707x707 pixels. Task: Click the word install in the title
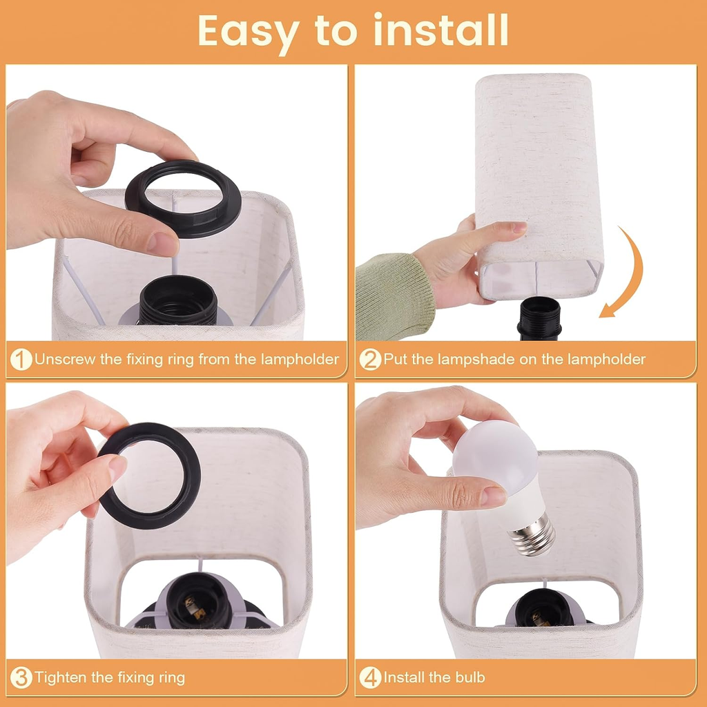coord(441,30)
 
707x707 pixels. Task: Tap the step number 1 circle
coord(21,359)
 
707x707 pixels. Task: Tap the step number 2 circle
coord(370,359)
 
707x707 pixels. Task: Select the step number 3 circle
coord(21,677)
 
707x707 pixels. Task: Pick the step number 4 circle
coord(370,677)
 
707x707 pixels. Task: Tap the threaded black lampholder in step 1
coord(178,301)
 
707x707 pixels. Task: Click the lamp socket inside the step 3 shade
coord(198,601)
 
